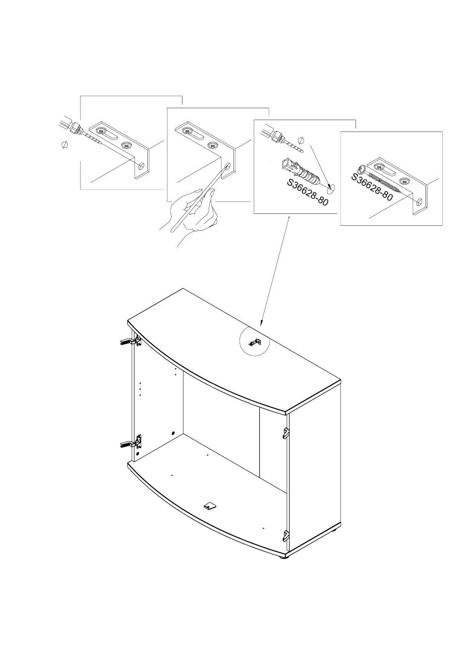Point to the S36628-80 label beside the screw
372,187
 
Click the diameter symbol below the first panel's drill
64,144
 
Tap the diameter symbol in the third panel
301,139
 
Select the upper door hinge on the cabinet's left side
130,341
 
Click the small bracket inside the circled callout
255,342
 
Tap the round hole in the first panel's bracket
142,166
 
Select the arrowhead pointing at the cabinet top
262,322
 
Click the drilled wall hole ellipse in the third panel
331,187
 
